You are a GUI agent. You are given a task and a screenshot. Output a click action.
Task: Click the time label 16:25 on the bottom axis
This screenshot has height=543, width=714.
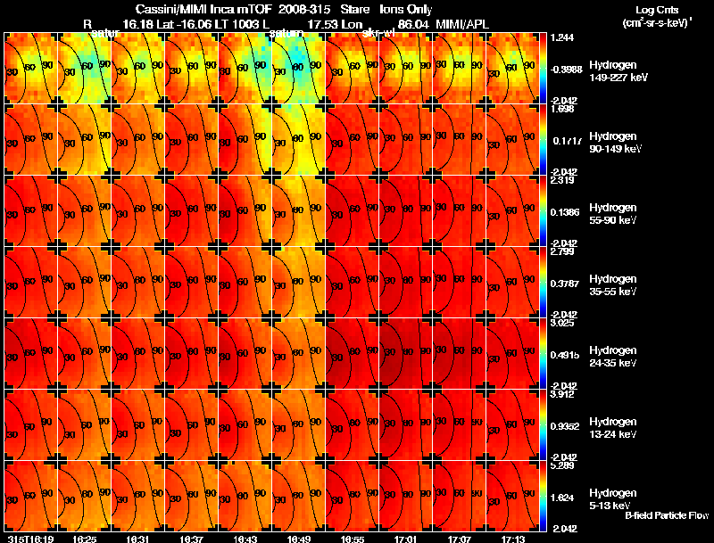[x=85, y=539]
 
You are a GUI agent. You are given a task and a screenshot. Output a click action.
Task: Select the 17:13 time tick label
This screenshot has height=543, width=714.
[x=513, y=539]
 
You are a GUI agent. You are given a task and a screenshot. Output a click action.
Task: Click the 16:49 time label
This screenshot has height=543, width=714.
[x=299, y=539]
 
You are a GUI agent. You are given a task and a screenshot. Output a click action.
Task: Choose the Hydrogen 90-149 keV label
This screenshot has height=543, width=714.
[x=612, y=143]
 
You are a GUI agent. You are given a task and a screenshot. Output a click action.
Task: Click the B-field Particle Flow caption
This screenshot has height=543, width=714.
[x=667, y=516]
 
